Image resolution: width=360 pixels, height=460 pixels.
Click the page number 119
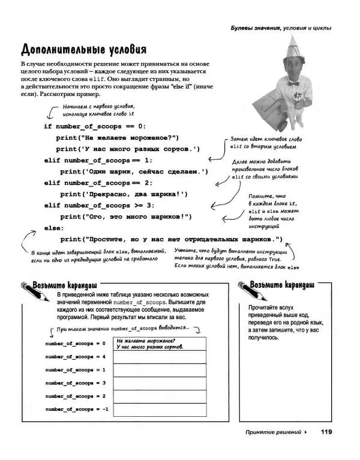(326, 431)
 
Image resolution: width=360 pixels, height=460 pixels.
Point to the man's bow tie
(294, 83)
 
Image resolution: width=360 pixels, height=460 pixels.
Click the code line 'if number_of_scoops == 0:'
(94, 127)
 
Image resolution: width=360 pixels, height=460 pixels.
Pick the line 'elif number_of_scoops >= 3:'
(98, 205)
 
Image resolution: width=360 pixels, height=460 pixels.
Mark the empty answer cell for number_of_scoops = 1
(159, 369)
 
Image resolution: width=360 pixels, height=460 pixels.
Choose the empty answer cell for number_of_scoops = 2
(159, 396)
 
